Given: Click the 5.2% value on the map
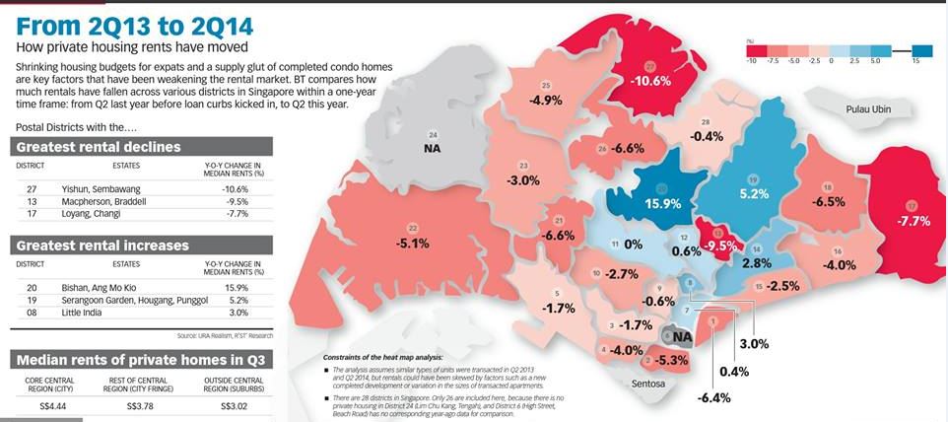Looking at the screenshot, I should coord(753,194).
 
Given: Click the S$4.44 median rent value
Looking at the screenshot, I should coord(47,404).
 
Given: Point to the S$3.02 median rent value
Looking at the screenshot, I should coord(233,404).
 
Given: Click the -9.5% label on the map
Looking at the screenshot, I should coord(723,245).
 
